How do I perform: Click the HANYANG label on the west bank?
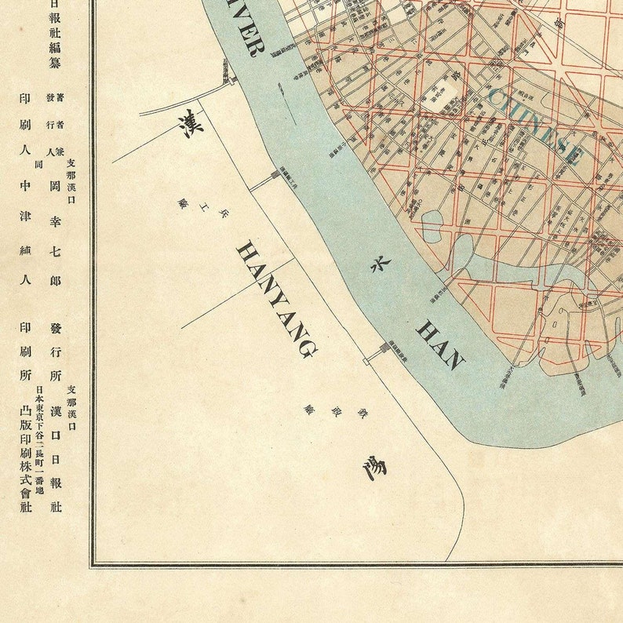coord(277,299)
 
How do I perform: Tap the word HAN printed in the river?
coord(440,344)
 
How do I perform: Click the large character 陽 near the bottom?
coord(375,468)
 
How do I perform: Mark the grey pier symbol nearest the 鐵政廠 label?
coord(384,347)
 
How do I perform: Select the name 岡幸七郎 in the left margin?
coord(54,228)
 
